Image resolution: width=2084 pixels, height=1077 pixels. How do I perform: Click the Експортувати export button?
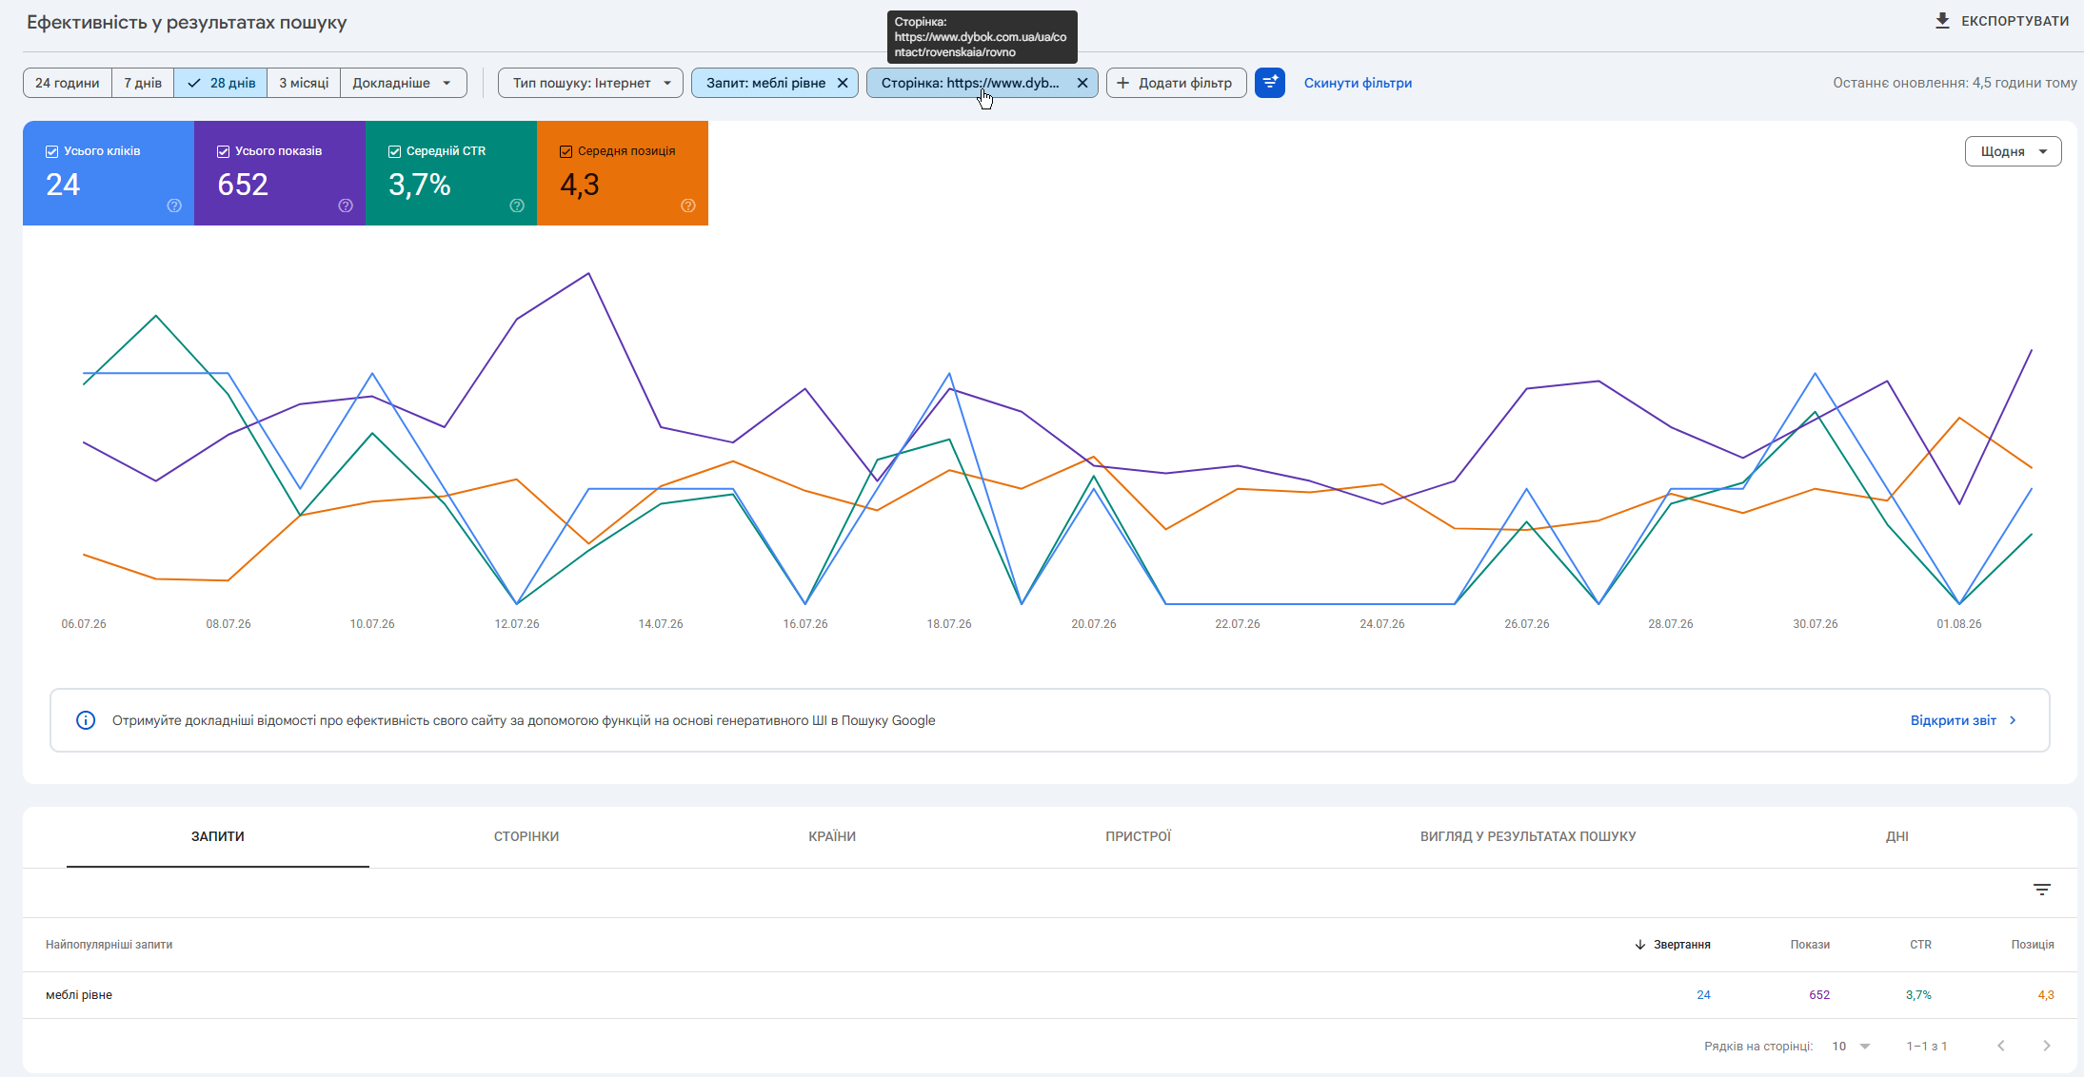pos(2001,21)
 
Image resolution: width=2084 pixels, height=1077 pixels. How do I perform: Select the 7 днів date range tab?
pos(143,83)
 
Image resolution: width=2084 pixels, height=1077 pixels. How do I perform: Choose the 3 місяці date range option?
pos(304,83)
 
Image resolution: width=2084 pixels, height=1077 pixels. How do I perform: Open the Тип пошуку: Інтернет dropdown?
pos(590,83)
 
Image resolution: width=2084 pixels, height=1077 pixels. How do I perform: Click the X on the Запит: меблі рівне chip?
pos(843,83)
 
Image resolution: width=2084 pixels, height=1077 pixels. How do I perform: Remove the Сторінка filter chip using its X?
pos(1082,83)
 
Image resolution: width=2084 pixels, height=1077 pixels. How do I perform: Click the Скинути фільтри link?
pos(1358,83)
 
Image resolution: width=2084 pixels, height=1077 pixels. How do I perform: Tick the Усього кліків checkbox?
pos(52,151)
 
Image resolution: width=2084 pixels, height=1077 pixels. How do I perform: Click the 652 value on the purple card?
pos(243,185)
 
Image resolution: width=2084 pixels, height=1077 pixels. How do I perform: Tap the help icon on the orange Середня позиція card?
pos(688,206)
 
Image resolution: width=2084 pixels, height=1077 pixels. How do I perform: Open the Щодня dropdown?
pos(2013,151)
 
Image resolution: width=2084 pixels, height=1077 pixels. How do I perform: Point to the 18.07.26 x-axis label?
pos(949,624)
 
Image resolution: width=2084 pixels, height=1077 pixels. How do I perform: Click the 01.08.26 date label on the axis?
pos(1959,624)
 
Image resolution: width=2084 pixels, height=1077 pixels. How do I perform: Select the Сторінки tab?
pos(526,836)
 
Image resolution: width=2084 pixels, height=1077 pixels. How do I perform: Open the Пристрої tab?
pos(1139,836)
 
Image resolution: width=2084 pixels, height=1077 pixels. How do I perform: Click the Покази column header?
pos(1810,945)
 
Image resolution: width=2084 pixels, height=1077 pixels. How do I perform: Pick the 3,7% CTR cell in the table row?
pos(1918,995)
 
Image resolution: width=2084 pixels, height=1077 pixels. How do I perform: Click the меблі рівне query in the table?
pos(79,995)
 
